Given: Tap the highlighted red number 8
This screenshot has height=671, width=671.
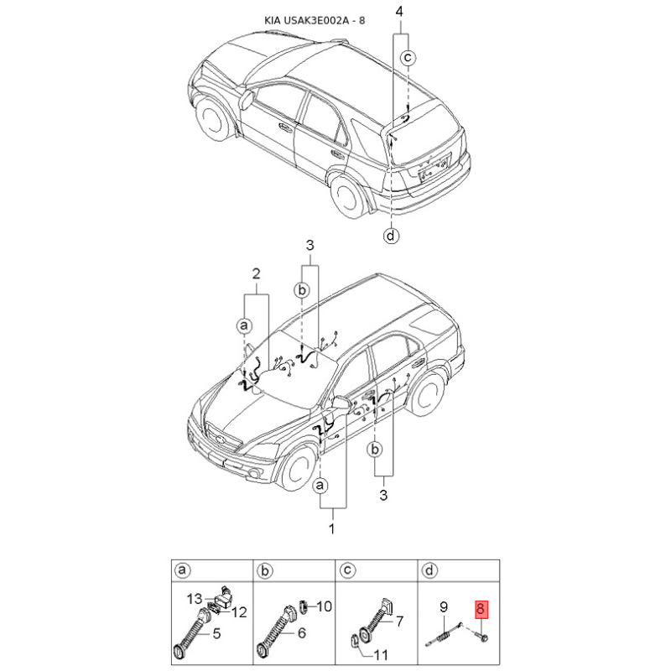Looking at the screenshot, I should click(x=481, y=611).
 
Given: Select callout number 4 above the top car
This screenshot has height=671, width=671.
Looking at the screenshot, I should click(x=399, y=12).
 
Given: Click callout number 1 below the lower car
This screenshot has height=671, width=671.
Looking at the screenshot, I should click(x=331, y=529).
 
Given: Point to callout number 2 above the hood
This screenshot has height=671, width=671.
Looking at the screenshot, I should click(x=257, y=273).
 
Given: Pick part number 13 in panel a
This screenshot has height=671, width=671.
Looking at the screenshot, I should click(x=195, y=599).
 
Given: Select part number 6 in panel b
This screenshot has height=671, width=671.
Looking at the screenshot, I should click(x=301, y=634).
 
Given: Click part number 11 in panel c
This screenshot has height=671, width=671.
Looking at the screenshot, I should click(x=380, y=654).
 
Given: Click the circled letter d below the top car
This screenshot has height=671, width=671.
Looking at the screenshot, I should click(x=392, y=236).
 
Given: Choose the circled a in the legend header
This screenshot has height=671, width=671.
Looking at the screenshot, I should click(x=179, y=572).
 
